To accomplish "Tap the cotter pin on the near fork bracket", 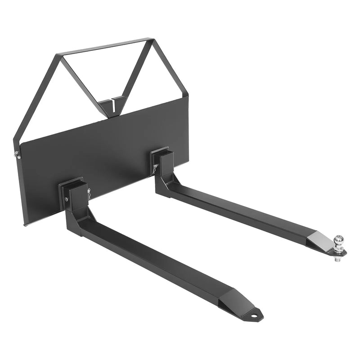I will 89,194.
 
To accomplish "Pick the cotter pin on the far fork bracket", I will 155,169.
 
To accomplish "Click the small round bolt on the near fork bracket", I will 67,199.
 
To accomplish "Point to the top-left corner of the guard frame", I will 57,56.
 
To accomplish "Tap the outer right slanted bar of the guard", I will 169,67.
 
